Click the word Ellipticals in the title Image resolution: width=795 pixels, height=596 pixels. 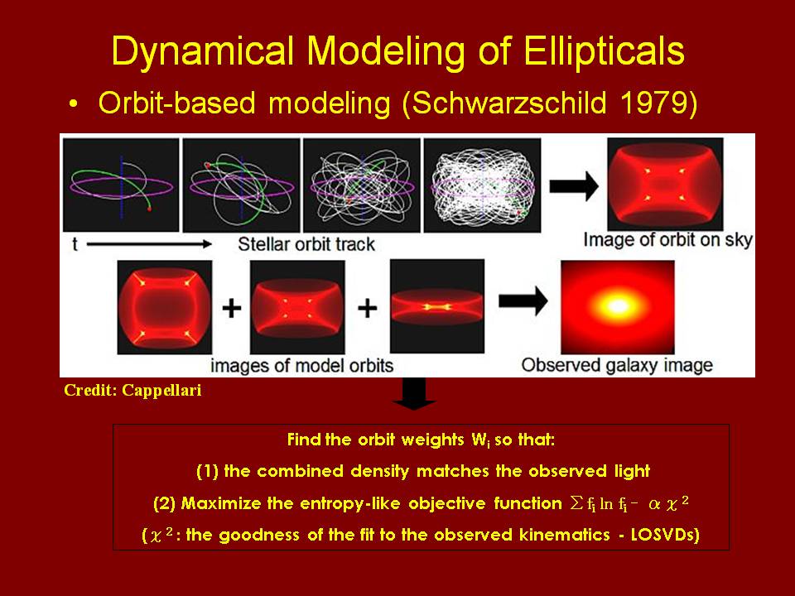[604, 51]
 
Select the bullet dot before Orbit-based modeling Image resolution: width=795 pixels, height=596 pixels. [74, 104]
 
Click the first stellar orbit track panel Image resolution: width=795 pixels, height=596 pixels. [121, 185]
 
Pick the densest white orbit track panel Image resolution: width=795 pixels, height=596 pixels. [482, 185]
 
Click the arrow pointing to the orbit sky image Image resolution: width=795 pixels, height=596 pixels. [574, 185]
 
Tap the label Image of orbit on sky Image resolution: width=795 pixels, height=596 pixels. [667, 240]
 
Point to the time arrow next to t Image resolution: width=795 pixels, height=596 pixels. [149, 244]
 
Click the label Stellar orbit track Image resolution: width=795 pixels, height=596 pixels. [306, 244]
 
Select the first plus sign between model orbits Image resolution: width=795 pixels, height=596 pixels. [232, 308]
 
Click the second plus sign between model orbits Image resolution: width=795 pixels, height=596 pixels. [367, 308]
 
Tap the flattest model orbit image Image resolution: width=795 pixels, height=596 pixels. [437, 306]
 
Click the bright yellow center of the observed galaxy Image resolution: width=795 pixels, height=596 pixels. [618, 306]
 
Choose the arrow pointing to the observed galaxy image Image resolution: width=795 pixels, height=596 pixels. [523, 301]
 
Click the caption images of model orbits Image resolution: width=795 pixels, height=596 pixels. [301, 365]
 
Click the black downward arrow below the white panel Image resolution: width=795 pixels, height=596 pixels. [414, 393]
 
